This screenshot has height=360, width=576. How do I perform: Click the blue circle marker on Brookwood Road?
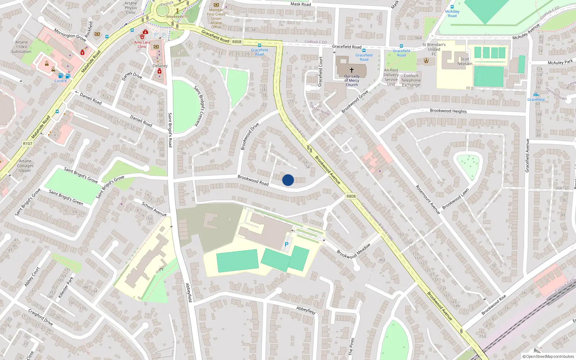pos(288,180)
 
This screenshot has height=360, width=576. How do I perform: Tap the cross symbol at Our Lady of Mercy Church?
pos(352,70)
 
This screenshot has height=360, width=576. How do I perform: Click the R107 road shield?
pos(28,144)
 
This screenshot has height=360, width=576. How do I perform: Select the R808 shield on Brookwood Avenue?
pos(351,196)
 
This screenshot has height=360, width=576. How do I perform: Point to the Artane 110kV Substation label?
pos(21,47)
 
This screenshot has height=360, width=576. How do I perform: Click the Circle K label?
pos(60,81)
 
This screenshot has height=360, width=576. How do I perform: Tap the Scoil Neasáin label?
pos(465,61)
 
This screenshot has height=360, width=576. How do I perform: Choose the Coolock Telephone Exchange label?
pos(411,80)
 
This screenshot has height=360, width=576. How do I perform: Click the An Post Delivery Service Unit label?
pos(391,77)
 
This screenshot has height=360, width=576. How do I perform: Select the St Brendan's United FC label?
pos(434,49)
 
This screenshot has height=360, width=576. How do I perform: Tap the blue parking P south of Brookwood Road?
pos(287,244)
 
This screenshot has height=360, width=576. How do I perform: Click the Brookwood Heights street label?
pos(448,111)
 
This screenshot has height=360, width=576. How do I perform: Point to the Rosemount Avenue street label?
pos(428,200)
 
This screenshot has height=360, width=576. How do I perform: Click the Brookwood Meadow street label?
pos(354,251)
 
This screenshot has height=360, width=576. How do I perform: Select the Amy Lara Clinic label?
pos(142,44)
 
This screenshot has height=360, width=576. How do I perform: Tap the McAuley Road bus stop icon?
pos(452,7)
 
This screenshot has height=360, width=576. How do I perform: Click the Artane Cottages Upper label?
pos(25,166)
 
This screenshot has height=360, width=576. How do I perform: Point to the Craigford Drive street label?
pos(41,317)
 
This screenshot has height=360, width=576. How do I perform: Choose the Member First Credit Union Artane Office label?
pos(216,18)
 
